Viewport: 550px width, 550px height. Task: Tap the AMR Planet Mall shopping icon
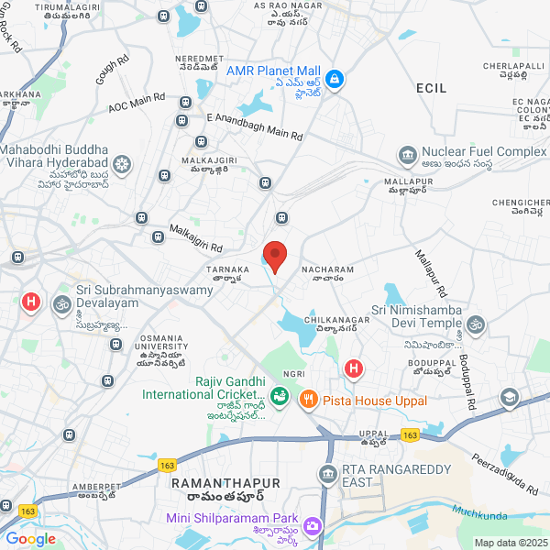pyautogui.click(x=334, y=80)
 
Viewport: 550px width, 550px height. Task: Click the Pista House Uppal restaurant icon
pyautogui.click(x=308, y=399)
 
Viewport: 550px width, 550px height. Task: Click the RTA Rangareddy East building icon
pyautogui.click(x=326, y=474)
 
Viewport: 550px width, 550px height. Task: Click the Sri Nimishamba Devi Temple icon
pyautogui.click(x=474, y=324)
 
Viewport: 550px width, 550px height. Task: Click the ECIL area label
pyautogui.click(x=430, y=87)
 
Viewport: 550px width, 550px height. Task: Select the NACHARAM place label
pyautogui.click(x=326, y=269)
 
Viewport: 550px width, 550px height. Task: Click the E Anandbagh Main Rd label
pyautogui.click(x=254, y=126)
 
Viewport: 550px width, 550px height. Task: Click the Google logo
pyautogui.click(x=29, y=539)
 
